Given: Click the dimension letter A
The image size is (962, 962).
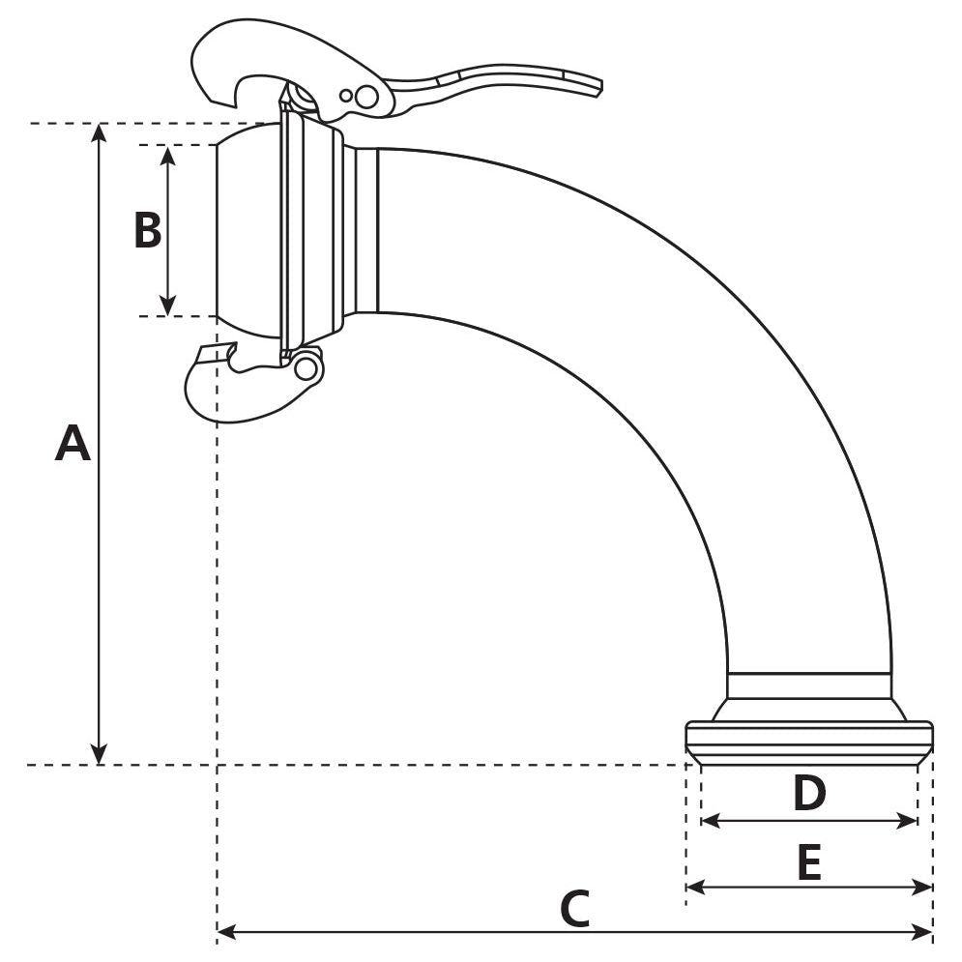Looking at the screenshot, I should pyautogui.click(x=73, y=443).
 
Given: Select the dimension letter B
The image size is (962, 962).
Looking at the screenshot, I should pyautogui.click(x=147, y=231).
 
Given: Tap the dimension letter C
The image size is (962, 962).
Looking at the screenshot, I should pyautogui.click(x=574, y=910).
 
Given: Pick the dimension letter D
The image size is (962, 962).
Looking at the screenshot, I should pyautogui.click(x=809, y=794).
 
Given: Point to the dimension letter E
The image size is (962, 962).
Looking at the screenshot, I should pyautogui.click(x=809, y=862).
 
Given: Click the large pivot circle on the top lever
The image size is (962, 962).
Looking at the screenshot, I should pyautogui.click(x=366, y=97).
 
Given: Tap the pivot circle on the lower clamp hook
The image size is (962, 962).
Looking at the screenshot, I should pyautogui.click(x=306, y=368).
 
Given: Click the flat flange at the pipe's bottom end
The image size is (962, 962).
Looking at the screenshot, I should pyautogui.click(x=808, y=737).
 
